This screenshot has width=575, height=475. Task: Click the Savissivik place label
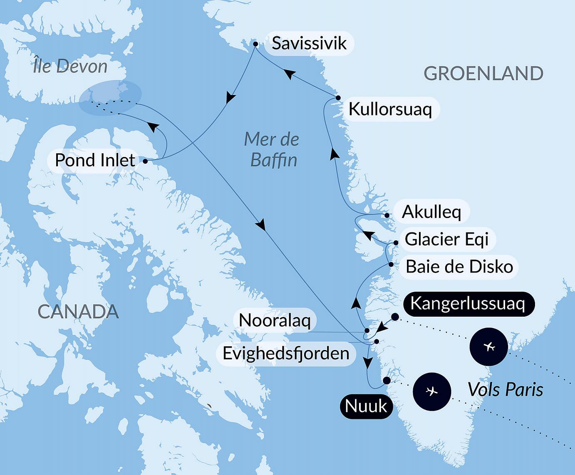tap(309, 43)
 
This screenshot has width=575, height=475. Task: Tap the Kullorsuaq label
tap(390, 109)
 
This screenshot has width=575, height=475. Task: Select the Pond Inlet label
tap(95, 160)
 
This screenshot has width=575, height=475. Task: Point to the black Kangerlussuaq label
tap(467, 304)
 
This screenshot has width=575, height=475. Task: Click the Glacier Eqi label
tap(446, 239)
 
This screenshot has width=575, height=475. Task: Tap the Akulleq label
tap(431, 212)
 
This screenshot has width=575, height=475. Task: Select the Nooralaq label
tap(275, 320)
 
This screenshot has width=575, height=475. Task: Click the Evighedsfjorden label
tap(286, 354)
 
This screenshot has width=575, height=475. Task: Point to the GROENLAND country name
tap(483, 74)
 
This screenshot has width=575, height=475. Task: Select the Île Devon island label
tap(70, 66)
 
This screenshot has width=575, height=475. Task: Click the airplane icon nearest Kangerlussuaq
tap(489, 347)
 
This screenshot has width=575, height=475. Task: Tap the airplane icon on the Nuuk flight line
tap(432, 392)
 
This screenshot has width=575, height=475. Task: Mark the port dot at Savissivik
tap(255, 44)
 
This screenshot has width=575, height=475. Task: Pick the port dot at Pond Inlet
tap(145, 161)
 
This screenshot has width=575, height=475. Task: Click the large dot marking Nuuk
tap(387, 380)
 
